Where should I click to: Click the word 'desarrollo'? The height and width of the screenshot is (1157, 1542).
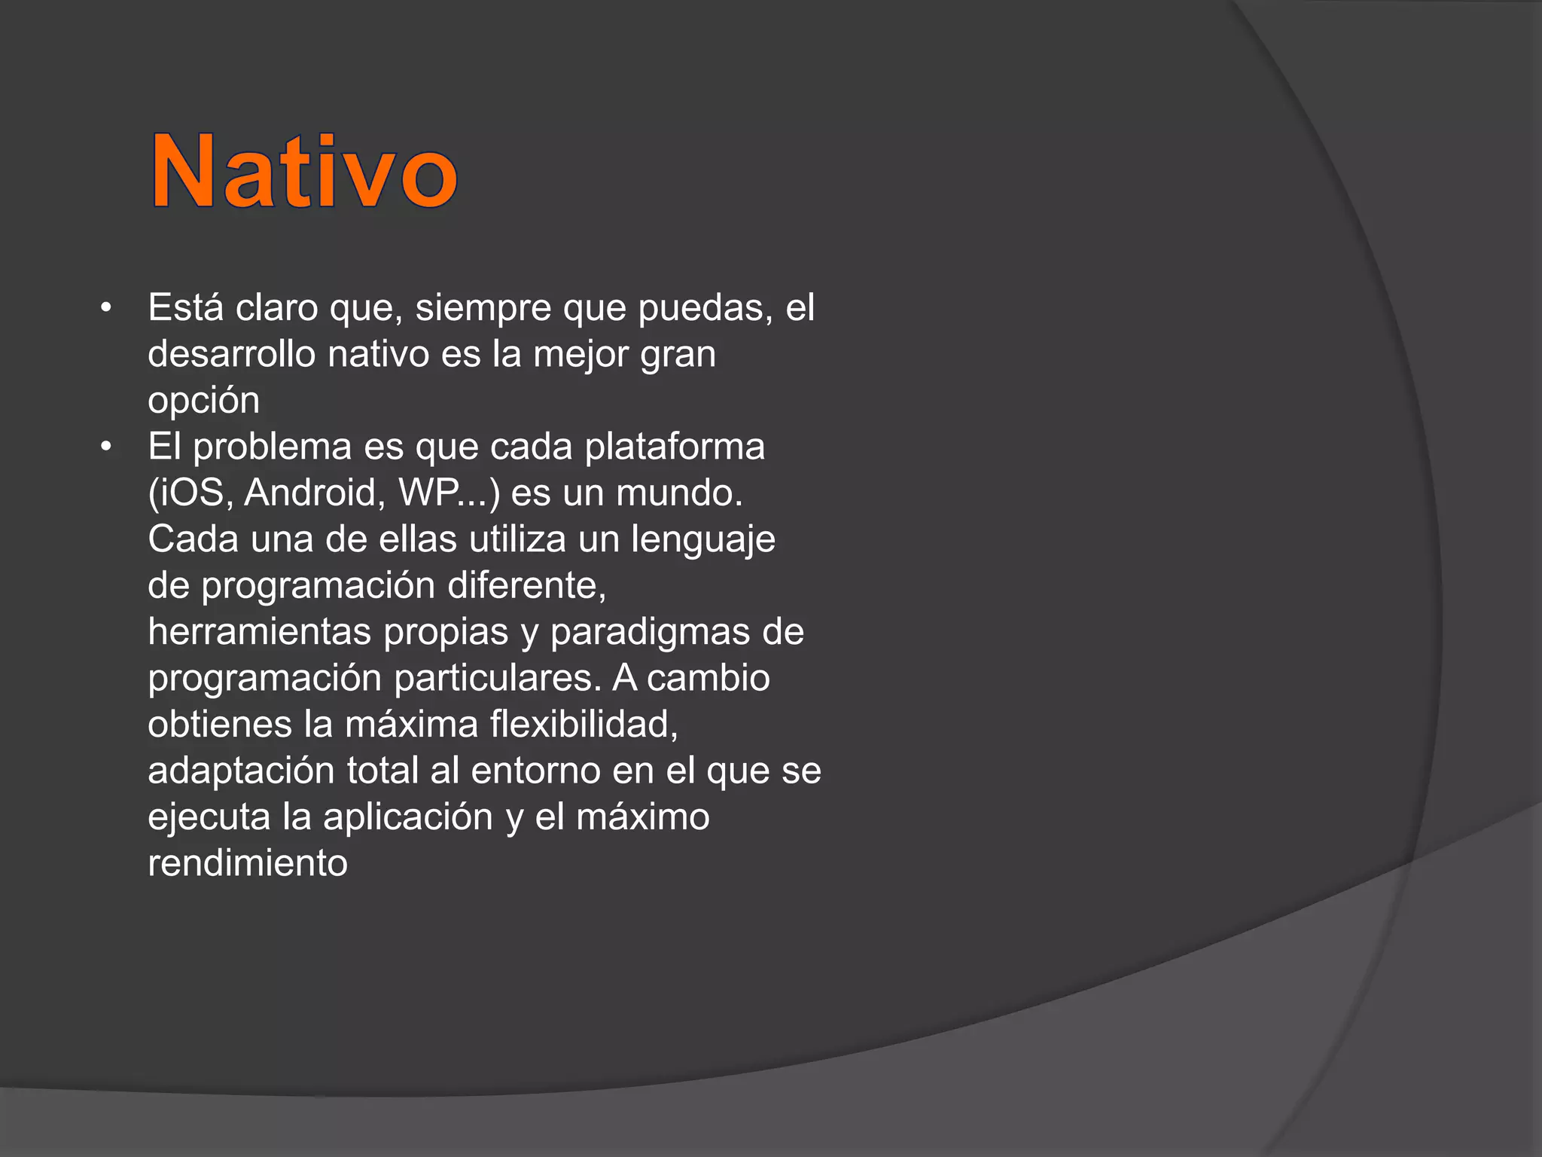(231, 354)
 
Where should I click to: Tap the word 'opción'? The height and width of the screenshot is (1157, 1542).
(203, 401)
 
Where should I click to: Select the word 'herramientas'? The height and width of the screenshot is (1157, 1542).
(259, 632)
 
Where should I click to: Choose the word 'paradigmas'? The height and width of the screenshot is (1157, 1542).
(650, 632)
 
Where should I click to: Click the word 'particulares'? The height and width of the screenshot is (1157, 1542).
(495, 678)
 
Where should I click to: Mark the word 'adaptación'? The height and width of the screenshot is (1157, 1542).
(241, 771)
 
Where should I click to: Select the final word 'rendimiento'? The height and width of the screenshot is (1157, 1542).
(248, 863)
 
